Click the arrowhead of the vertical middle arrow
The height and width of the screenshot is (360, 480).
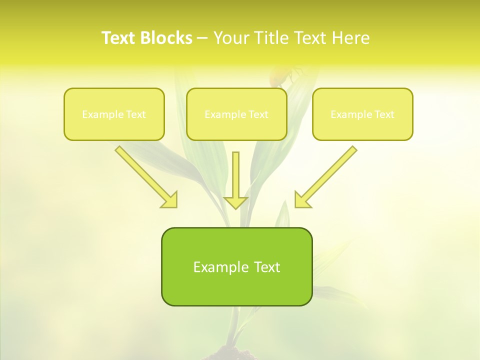(x=235, y=202)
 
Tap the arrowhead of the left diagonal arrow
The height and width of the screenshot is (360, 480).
(x=170, y=200)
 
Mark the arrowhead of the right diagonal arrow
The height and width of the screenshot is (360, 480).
(x=302, y=200)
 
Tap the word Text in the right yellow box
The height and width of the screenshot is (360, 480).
(x=384, y=114)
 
